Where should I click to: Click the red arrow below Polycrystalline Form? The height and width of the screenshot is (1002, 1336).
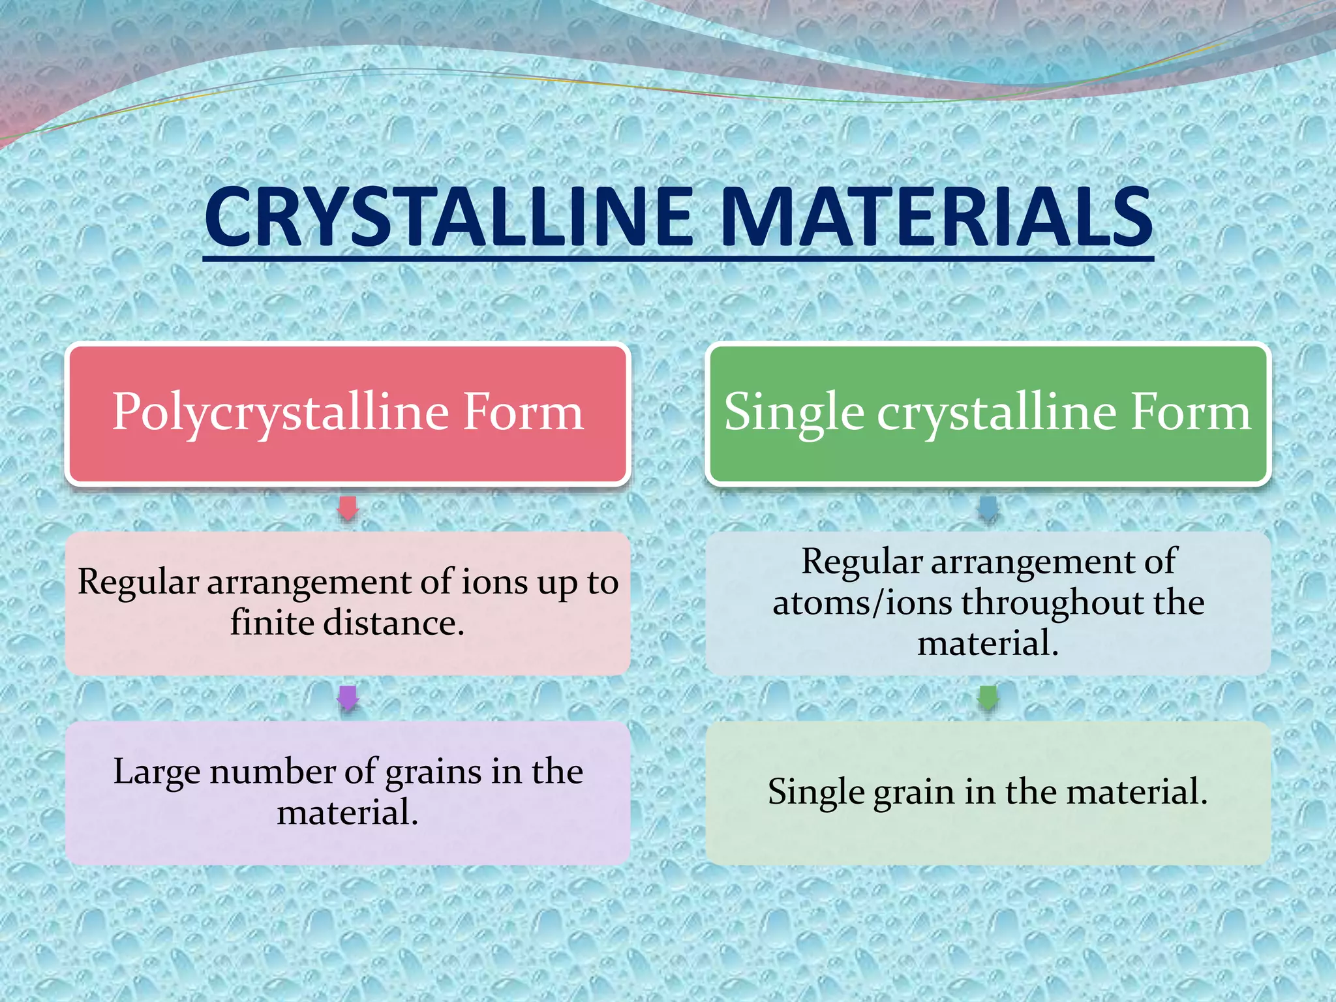348,508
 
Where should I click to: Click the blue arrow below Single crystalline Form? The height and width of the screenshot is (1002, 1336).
988,508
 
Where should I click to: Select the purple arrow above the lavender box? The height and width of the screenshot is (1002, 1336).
348,698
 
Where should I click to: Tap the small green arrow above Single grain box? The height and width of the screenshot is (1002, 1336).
988,698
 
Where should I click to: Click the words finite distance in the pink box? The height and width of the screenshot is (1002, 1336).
347,622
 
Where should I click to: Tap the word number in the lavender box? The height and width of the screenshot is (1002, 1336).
273,771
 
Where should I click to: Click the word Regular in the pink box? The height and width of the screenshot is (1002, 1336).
138,582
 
